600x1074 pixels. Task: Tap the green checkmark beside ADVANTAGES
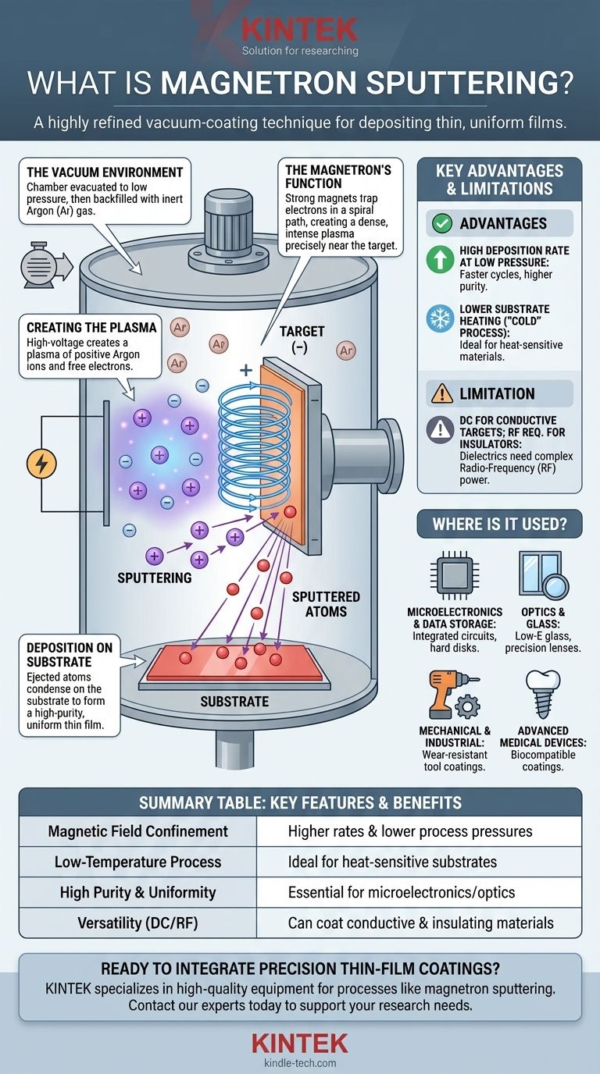pos(442,223)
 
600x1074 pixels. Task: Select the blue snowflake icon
pos(440,319)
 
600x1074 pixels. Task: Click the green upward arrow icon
pos(440,259)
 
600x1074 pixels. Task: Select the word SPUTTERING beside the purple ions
pos(154,578)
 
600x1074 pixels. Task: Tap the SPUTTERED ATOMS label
pos(326,604)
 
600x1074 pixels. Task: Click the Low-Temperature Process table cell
pos(137,862)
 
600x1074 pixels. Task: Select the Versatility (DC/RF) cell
pos(137,923)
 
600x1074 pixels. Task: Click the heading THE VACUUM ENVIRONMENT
pos(105,172)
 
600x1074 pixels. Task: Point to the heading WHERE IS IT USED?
pos(499,525)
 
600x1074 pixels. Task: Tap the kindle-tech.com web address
pos(300,1062)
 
